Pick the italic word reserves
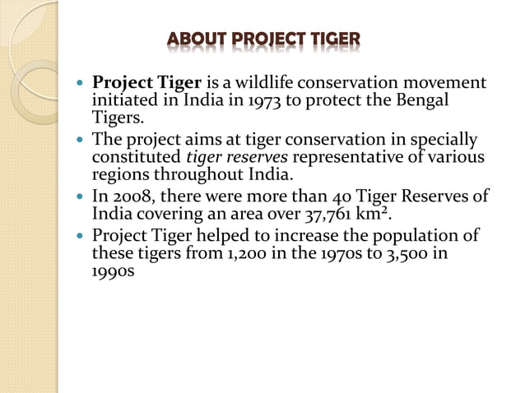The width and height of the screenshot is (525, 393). (261, 156)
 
